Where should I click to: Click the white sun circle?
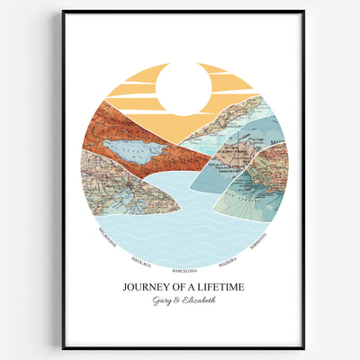click(x=183, y=89)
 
